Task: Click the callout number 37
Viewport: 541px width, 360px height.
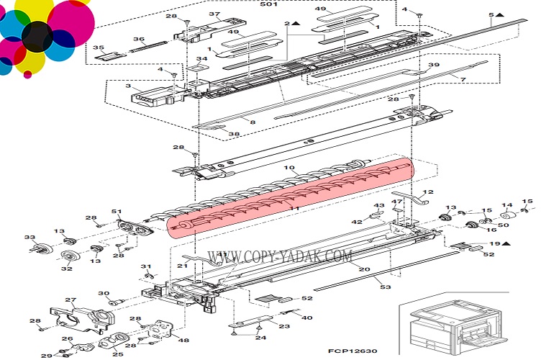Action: click(x=214, y=14)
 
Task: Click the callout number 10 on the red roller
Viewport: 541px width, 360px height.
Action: click(x=291, y=168)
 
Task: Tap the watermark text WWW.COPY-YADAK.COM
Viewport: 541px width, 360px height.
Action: click(x=281, y=256)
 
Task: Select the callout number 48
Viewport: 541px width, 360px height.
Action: click(x=183, y=341)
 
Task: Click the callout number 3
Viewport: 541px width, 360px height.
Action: click(x=128, y=86)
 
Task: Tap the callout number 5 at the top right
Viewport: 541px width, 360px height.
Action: click(x=491, y=14)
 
